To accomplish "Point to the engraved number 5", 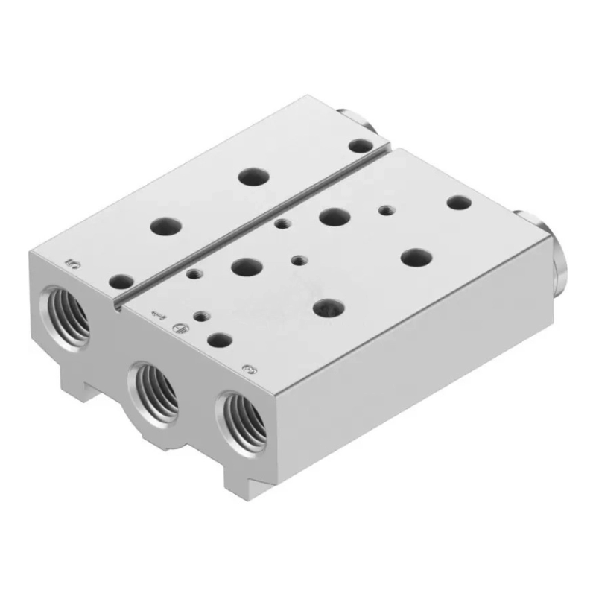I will (x=72, y=262).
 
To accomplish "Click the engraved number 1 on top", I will (x=156, y=314).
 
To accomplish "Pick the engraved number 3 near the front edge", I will (x=249, y=367).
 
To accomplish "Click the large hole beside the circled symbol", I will (x=219, y=340).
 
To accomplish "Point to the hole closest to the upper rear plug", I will (x=363, y=145).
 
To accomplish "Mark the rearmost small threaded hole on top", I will (x=384, y=210).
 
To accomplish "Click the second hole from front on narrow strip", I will (x=163, y=225).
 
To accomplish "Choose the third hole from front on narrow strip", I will (x=253, y=177).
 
